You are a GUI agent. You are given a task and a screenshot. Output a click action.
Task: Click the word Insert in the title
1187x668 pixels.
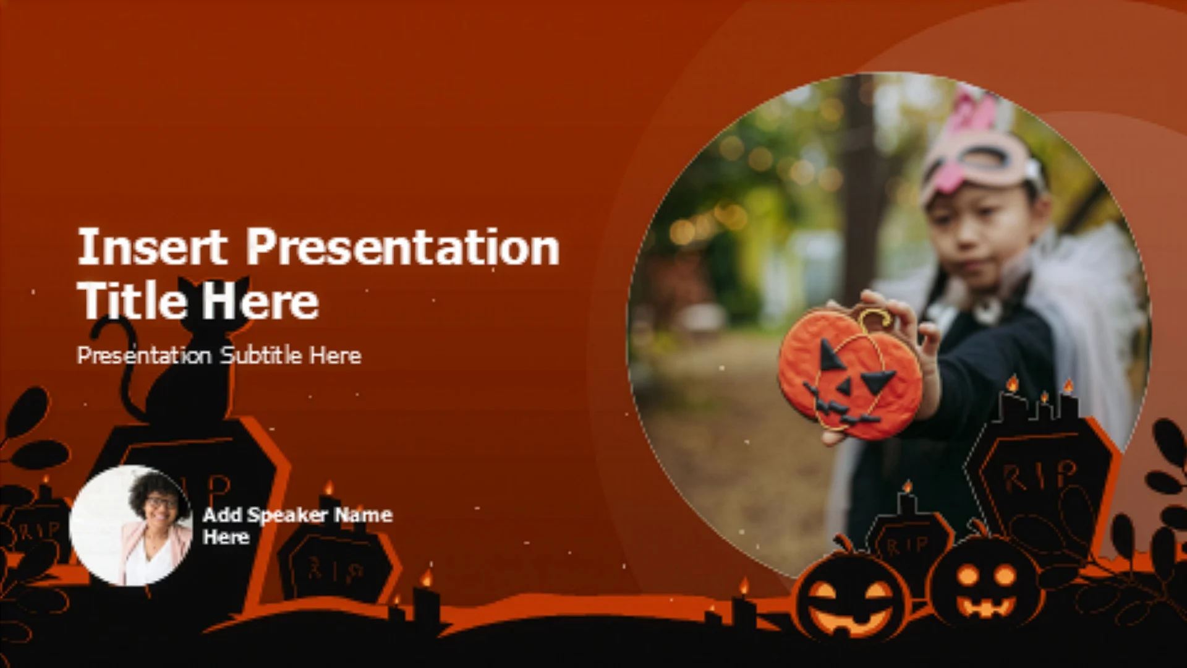pyautogui.click(x=152, y=247)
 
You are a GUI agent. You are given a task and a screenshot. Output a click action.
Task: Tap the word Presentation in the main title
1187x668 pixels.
pyautogui.click(x=403, y=247)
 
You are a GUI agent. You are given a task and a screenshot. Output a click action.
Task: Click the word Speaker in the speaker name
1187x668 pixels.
pyautogui.click(x=287, y=515)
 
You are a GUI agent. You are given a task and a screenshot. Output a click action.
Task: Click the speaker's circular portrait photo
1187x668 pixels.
pyautogui.click(x=131, y=525)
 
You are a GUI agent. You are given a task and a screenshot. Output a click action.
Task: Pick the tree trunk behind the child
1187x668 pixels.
pyautogui.click(x=862, y=186)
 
